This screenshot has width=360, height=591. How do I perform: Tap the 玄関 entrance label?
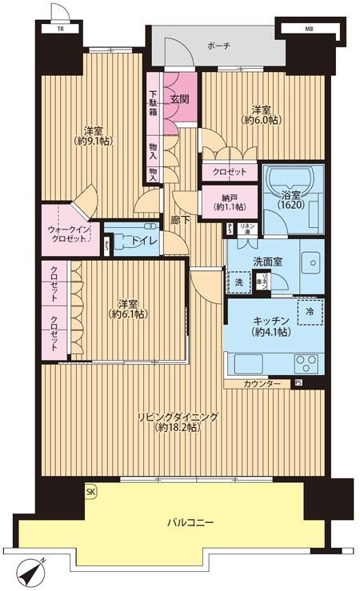click(179, 99)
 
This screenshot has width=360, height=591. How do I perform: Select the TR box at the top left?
click(59, 30)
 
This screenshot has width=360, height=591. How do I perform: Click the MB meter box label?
click(309, 30)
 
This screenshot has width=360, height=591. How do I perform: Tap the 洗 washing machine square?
click(238, 282)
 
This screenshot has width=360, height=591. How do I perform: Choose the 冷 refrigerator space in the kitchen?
click(309, 313)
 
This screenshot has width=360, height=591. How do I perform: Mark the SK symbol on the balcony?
click(90, 492)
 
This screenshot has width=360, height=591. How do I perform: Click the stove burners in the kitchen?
click(306, 363)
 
